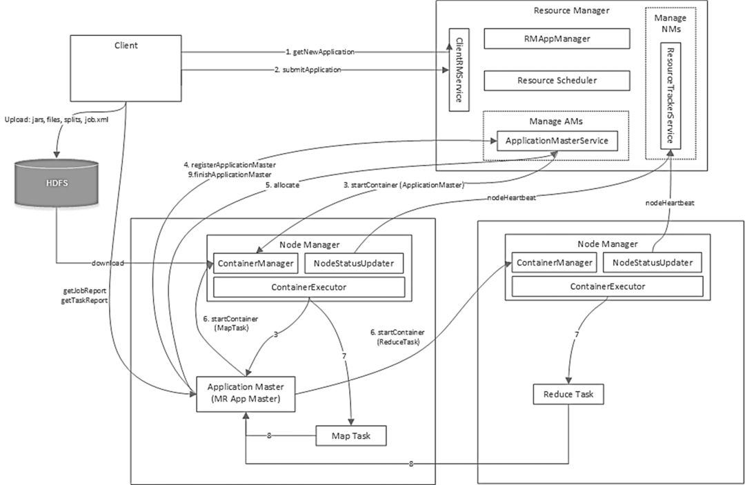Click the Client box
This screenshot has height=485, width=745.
coord(126,68)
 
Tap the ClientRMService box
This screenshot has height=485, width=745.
coord(459,70)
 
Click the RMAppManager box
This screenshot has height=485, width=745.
coord(557,39)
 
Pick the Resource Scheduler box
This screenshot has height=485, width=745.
coord(557,80)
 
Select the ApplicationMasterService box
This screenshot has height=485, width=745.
coord(557,141)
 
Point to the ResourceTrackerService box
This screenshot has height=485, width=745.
coord(670,96)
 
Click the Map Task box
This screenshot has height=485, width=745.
coord(351,435)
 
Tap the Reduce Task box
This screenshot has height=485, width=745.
coord(568,394)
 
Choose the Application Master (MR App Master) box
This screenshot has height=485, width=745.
coord(246,394)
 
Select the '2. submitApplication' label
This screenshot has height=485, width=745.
coord(308,70)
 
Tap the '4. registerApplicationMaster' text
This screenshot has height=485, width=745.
coord(230,165)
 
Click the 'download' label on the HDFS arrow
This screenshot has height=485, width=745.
coord(108,263)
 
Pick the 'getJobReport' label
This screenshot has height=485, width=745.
coord(85,290)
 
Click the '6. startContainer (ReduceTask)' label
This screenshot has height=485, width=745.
coord(397,337)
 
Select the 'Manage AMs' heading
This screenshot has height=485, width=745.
coord(556,121)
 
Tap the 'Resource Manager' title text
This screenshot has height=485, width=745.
coord(572,10)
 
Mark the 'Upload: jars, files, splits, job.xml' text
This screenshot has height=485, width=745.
coord(57,120)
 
